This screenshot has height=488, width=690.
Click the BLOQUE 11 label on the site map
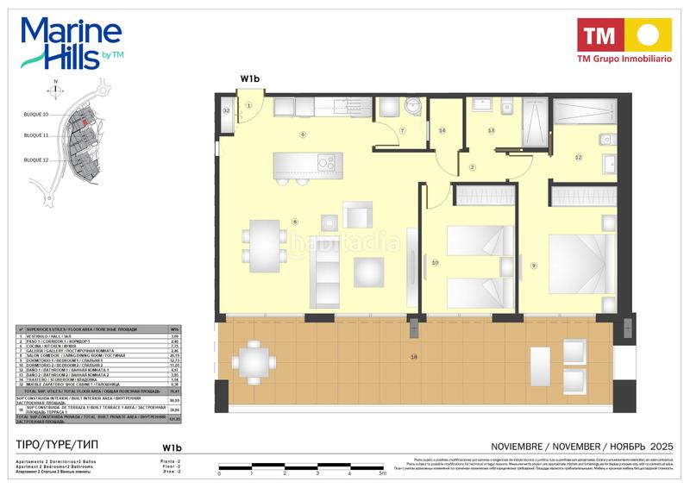click(x=36, y=136)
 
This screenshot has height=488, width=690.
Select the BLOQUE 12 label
click(x=36, y=160)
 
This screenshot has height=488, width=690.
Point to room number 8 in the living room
click(x=295, y=222)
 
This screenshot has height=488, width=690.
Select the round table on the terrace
click(x=252, y=364)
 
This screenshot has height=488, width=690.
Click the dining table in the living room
click(x=260, y=243)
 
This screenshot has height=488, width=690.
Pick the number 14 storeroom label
click(x=442, y=131)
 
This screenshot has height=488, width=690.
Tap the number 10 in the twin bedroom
click(x=436, y=262)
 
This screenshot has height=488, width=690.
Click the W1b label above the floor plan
click(x=250, y=79)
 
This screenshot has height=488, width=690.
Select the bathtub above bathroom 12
click(x=583, y=111)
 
